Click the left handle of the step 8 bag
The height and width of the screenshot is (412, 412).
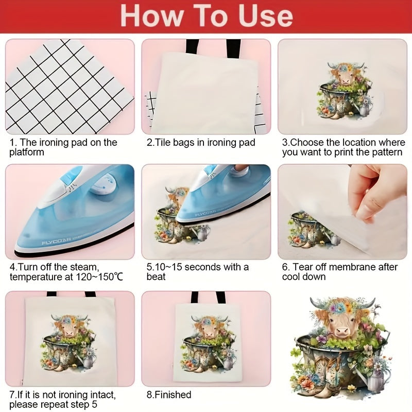pos(195,297)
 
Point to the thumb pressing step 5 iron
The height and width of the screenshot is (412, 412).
pos(237,169)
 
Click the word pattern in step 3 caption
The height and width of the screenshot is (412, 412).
pos(384,152)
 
